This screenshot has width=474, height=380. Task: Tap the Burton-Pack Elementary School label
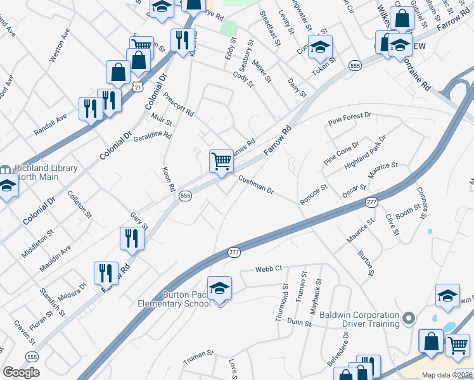pos(187,299)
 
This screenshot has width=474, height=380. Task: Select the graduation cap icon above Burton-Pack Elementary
pos(219,288)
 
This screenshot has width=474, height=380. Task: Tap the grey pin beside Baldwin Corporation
pos(409,317)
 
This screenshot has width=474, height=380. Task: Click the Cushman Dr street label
pos(256,185)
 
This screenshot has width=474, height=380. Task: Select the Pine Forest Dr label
pos(349,119)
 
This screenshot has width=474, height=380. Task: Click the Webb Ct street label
pos(268,269)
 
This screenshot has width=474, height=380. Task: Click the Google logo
pos(21,372)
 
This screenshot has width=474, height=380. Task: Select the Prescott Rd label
pos(178,103)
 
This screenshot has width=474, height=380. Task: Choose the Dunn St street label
pos(298,323)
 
